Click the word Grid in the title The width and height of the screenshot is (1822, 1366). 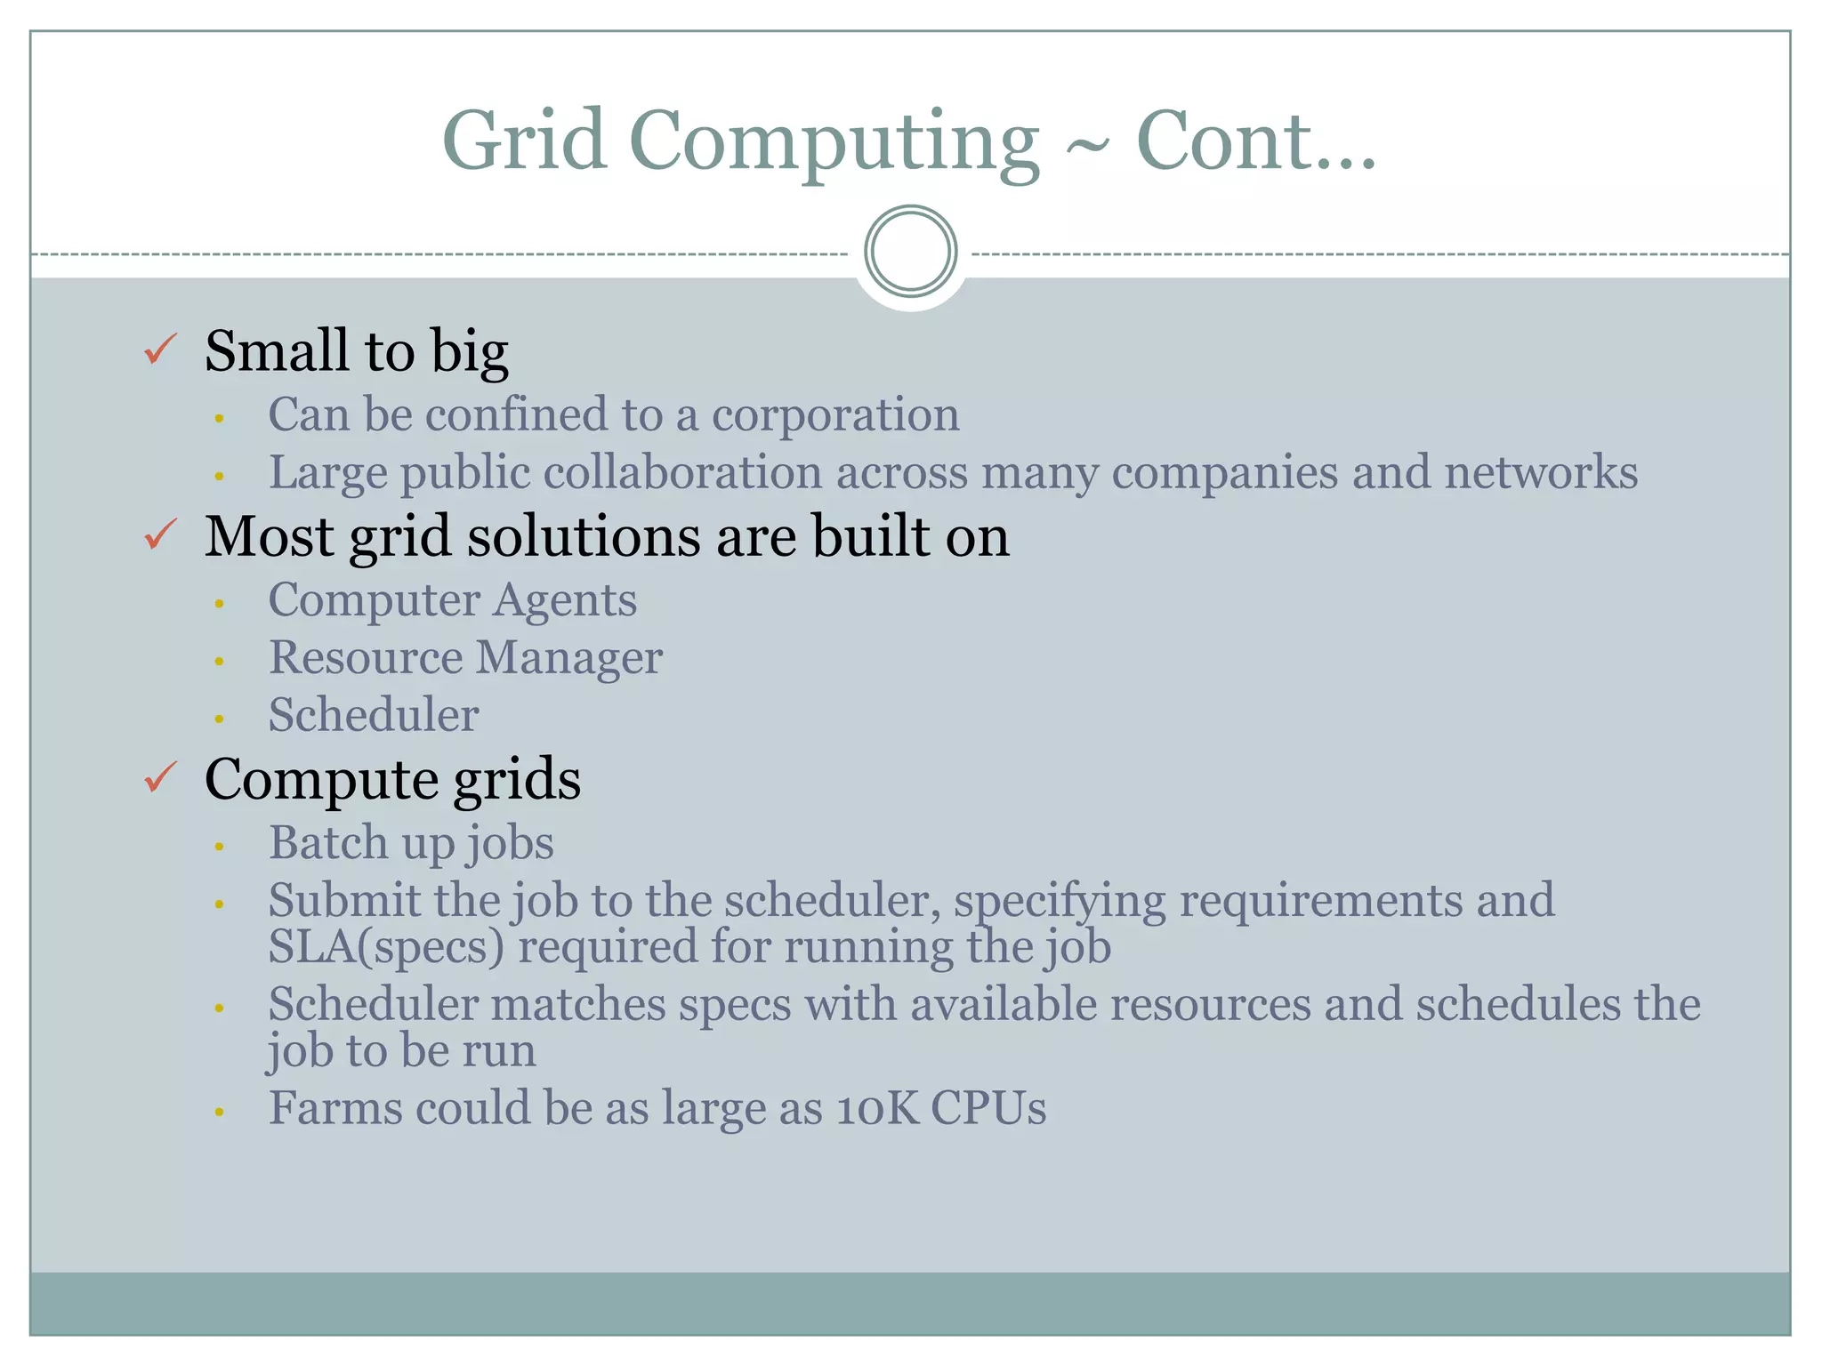tap(524, 141)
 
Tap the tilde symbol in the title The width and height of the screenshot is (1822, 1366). tap(1087, 146)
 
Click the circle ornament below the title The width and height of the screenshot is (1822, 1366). tap(910, 252)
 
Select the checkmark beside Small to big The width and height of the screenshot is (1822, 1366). tap(161, 350)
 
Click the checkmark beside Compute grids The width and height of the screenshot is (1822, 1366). tap(161, 777)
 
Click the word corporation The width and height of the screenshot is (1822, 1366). tap(834, 415)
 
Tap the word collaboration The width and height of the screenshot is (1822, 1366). tap(682, 472)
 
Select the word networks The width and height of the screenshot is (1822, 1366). tap(1540, 472)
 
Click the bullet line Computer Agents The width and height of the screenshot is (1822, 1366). tap(452, 600)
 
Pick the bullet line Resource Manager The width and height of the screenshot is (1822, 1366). tap(465, 658)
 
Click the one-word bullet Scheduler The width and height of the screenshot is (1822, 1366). tap(374, 715)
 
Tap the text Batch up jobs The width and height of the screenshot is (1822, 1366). tap(411, 843)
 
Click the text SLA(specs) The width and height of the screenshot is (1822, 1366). tap(386, 946)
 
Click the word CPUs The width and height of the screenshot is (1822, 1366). tap(988, 1109)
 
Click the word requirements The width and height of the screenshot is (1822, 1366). tap(1321, 901)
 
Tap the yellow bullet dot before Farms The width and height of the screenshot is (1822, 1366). tap(219, 1112)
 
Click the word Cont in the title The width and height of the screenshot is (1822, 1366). tap(1224, 141)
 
